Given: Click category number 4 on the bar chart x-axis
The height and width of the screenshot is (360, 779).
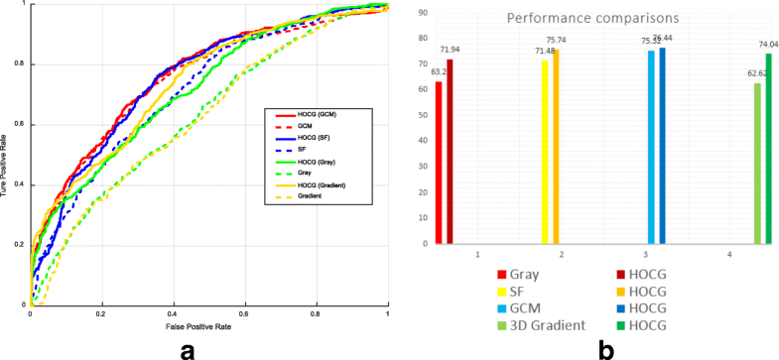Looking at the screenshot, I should (729, 256).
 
